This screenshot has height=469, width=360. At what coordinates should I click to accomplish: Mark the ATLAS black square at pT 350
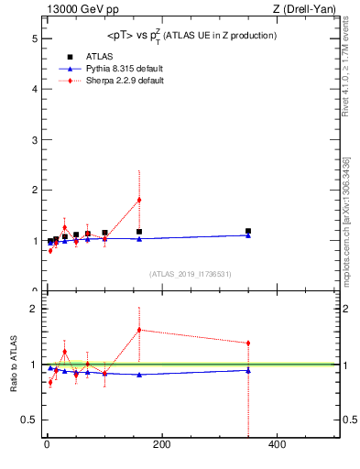coord(248,231)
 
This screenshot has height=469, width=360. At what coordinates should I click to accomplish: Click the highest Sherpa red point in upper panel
coord(139,200)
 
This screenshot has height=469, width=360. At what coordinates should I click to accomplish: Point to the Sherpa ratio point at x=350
coord(248,344)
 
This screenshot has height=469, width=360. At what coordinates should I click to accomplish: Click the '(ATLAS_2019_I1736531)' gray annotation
coord(191,273)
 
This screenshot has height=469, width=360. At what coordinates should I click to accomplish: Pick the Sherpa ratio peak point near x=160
coord(139,330)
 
